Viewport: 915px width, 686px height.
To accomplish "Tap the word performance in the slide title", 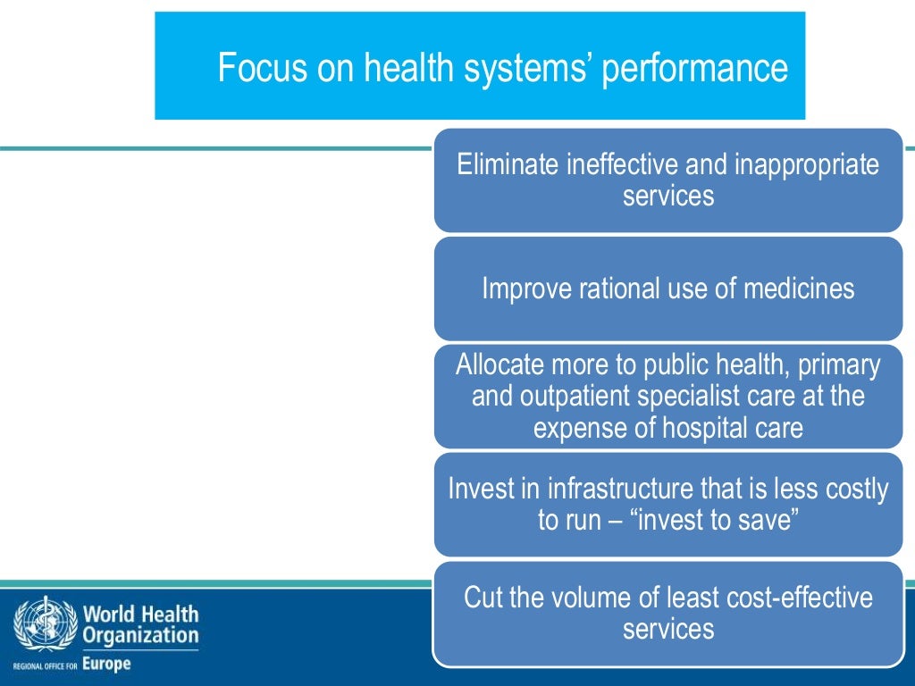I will (x=694, y=69).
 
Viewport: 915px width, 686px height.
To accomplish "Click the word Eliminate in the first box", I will (x=508, y=165).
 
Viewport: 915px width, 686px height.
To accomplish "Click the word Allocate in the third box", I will (x=499, y=365).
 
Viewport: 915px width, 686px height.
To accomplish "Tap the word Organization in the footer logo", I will (x=140, y=636).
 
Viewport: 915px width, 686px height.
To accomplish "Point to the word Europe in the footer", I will (x=106, y=664).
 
